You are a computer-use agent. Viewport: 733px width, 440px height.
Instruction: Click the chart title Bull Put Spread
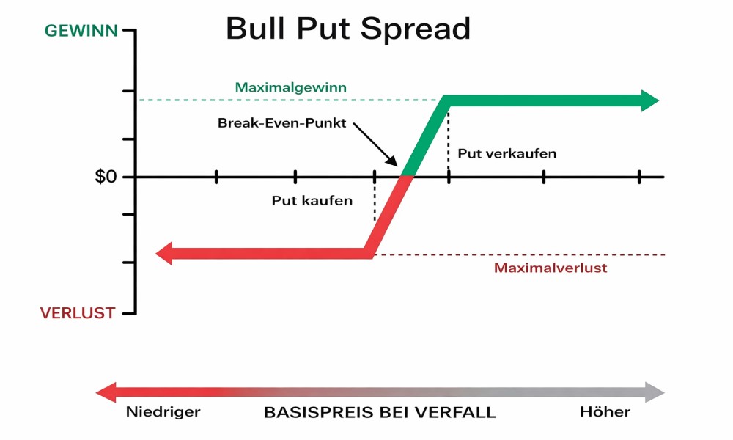(347, 29)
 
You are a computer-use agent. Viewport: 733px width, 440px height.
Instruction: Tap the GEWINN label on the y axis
(80, 31)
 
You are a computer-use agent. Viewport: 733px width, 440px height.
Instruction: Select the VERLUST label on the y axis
(77, 313)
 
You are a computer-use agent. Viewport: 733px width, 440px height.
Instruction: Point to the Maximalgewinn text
(290, 87)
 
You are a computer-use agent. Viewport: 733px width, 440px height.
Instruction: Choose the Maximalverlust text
(550, 268)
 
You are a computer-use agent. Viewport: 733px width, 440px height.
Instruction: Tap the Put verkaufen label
(507, 153)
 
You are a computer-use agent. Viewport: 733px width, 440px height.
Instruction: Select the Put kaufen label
(312, 200)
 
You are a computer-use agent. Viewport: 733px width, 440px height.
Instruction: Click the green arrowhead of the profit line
(650, 100)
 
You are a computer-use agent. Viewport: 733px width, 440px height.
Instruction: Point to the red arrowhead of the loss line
(165, 254)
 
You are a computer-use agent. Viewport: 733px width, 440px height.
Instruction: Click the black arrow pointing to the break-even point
(377, 147)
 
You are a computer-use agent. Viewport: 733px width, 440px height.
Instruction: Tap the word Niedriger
(163, 411)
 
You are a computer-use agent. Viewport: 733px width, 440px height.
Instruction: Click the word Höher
(605, 411)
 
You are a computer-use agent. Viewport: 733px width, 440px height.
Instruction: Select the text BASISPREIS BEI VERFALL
(379, 412)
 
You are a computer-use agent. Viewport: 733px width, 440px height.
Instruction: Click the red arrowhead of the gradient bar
(107, 392)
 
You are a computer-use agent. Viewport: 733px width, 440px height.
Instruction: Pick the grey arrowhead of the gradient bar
(654, 392)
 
